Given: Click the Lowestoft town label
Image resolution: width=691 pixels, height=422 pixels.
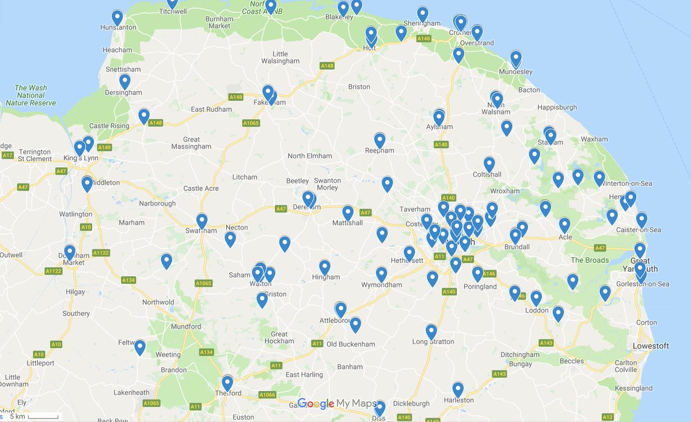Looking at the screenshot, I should (651, 346).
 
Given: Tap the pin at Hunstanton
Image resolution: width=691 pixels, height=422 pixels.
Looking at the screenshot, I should (117, 18).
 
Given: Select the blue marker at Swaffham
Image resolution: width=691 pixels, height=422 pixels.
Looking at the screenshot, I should (202, 221).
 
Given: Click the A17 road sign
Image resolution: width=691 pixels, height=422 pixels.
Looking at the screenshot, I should (7, 155).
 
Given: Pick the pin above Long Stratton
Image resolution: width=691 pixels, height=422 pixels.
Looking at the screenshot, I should (431, 332).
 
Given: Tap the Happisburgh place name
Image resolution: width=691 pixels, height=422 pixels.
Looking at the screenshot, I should (556, 108).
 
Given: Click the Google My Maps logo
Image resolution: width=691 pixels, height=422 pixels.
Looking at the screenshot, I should (337, 404).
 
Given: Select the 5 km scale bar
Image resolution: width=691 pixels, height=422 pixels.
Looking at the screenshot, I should (43, 416).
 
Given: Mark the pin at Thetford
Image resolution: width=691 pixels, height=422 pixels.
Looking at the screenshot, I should (227, 383).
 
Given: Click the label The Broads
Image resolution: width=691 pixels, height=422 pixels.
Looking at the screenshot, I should (589, 260).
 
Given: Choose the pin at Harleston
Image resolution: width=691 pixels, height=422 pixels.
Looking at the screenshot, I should (458, 390).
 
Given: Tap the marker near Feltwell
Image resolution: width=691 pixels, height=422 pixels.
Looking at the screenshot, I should (140, 347).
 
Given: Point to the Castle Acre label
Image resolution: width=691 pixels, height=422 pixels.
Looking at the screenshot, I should (201, 188).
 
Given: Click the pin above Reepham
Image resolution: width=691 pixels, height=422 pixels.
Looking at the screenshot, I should (379, 140).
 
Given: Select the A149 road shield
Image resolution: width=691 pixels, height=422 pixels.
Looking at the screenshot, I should (104, 147).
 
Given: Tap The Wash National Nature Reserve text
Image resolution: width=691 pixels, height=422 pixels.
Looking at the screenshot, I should (31, 96).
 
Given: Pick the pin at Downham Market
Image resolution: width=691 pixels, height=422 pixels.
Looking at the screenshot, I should (70, 252).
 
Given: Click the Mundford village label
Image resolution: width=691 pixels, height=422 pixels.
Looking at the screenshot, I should (186, 326).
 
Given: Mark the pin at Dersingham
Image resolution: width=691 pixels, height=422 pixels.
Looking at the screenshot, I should (125, 82).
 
